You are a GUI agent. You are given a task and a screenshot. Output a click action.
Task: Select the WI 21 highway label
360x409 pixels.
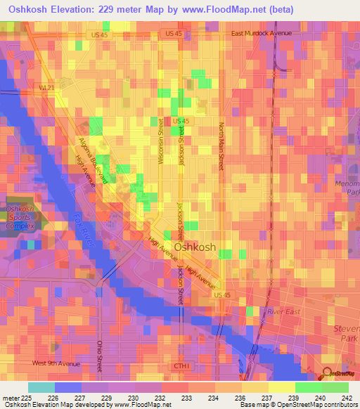(46, 87)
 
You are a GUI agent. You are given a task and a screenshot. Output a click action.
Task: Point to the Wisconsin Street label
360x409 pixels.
(161, 141)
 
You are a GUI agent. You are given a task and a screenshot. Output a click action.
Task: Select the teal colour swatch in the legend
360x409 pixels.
(41, 387)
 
